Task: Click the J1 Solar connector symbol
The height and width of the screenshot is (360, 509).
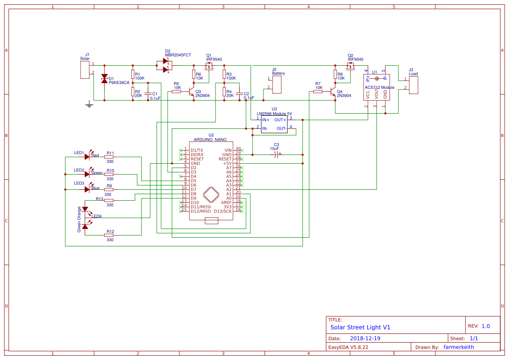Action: (85, 70)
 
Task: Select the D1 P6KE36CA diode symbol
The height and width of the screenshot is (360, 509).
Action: (104, 79)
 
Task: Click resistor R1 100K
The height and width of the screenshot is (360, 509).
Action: (133, 74)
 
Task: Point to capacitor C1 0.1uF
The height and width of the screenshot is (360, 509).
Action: (148, 94)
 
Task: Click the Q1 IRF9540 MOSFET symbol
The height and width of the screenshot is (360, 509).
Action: (209, 66)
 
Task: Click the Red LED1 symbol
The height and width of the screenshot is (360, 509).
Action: (88, 156)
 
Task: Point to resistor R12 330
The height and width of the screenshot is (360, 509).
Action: (109, 235)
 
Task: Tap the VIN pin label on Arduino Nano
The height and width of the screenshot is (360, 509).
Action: (228, 150)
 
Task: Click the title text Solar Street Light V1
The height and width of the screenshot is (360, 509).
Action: (360, 327)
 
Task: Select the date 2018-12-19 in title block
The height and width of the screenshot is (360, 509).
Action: (367, 338)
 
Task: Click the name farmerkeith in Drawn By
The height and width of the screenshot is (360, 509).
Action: (458, 347)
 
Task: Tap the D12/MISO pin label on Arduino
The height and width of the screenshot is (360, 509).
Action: (201, 211)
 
